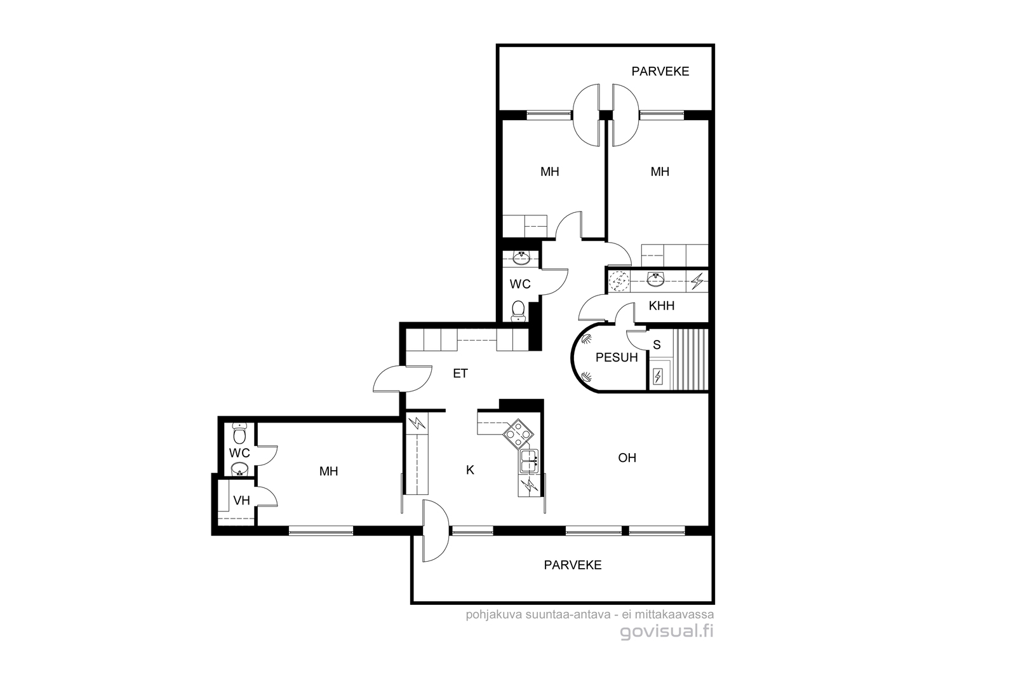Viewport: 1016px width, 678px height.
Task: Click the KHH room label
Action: click(x=661, y=306)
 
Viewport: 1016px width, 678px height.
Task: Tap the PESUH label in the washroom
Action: click(x=617, y=358)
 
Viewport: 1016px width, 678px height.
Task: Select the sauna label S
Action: click(x=657, y=345)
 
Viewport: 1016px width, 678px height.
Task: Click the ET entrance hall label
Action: click(x=460, y=374)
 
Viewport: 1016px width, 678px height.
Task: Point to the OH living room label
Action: click(x=627, y=458)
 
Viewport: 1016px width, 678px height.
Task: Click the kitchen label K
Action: click(x=470, y=470)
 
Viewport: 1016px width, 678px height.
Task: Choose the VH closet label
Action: click(x=241, y=501)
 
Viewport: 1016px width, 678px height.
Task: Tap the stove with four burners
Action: click(x=518, y=433)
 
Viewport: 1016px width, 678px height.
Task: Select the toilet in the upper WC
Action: click(x=518, y=311)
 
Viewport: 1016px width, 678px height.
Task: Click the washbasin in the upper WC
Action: click(x=521, y=259)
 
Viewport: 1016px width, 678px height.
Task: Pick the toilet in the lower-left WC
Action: click(x=239, y=433)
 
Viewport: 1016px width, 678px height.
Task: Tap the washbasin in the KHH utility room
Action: click(x=655, y=280)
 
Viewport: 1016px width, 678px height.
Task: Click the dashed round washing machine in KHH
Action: click(x=618, y=281)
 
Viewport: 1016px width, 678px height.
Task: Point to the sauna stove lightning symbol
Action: click(x=658, y=377)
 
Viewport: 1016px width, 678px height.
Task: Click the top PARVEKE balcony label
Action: click(x=660, y=71)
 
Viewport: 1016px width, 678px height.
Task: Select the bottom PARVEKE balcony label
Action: click(x=572, y=565)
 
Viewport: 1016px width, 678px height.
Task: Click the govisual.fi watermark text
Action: click(x=666, y=632)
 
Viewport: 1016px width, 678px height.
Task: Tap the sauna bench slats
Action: click(x=690, y=360)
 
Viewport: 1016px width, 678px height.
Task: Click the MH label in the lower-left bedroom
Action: click(x=328, y=471)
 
